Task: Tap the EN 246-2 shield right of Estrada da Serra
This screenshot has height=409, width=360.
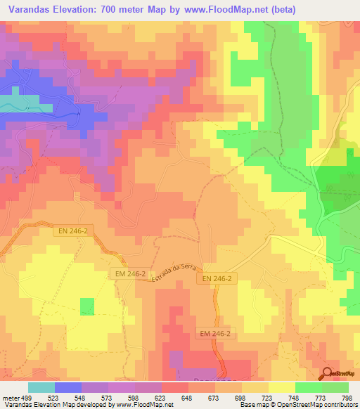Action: [217, 280]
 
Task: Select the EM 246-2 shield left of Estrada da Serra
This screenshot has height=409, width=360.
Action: [128, 274]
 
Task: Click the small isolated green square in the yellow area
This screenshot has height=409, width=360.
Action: [87, 306]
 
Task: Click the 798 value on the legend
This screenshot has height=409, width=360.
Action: [346, 397]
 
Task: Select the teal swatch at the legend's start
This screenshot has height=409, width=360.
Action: [41, 387]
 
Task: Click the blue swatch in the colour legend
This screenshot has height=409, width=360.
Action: [68, 387]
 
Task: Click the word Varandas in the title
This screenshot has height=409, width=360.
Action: [31, 9]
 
